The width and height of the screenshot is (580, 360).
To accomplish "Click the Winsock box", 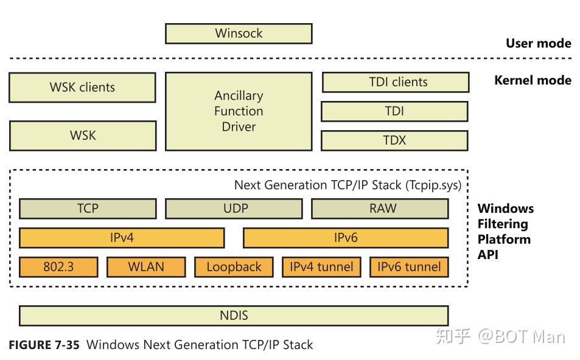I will [239, 33].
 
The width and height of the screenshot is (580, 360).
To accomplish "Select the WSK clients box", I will [82, 88].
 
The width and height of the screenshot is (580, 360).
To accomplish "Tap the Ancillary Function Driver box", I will [239, 111].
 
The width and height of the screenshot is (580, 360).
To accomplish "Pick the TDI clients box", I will [396, 82].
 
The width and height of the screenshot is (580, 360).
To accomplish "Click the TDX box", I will [394, 140].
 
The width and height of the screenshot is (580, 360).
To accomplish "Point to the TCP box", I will [88, 209].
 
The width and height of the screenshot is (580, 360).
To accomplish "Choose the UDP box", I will [234, 209].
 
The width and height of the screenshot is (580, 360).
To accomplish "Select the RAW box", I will [380, 209].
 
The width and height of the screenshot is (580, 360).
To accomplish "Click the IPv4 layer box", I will [122, 238].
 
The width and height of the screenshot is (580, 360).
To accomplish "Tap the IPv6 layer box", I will [346, 238].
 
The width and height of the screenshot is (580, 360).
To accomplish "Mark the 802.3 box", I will [58, 267].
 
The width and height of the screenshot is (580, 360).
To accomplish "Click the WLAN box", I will [146, 267].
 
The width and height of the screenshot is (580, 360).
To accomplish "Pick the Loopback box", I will [234, 267].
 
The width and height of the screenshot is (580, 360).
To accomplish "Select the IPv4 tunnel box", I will [321, 267].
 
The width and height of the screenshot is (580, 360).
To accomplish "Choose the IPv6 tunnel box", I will [409, 267].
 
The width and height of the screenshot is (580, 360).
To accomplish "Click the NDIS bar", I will [234, 316].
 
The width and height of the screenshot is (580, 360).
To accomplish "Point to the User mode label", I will [538, 43].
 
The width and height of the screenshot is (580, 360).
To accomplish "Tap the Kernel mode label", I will [533, 80].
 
